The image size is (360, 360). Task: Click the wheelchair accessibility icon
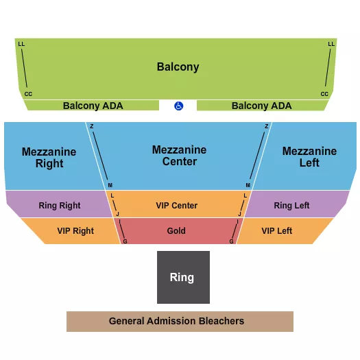(x=179, y=106)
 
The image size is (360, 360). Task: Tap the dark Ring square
(x=183, y=277)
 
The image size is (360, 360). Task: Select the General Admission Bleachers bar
(x=180, y=321)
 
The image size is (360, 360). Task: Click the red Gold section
(x=177, y=231)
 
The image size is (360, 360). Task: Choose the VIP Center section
(x=177, y=205)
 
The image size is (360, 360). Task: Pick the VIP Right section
(x=75, y=231)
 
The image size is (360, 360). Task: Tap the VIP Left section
(x=277, y=231)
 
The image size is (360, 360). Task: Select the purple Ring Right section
(x=60, y=205)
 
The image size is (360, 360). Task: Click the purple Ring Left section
(x=292, y=205)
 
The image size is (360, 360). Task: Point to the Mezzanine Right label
(x=49, y=157)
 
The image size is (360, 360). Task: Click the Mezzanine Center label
(x=180, y=156)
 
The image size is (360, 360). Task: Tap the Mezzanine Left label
(x=310, y=156)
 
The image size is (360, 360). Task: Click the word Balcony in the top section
(x=178, y=67)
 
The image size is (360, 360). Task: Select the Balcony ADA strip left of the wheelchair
(x=93, y=106)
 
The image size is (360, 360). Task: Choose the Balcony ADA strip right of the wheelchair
(x=261, y=106)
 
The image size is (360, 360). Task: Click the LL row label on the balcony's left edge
(x=21, y=44)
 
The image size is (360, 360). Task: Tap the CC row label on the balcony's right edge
(x=324, y=94)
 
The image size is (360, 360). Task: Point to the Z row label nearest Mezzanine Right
(x=92, y=126)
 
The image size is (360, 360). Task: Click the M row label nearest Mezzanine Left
(x=248, y=186)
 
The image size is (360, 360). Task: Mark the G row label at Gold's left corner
(x=125, y=241)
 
